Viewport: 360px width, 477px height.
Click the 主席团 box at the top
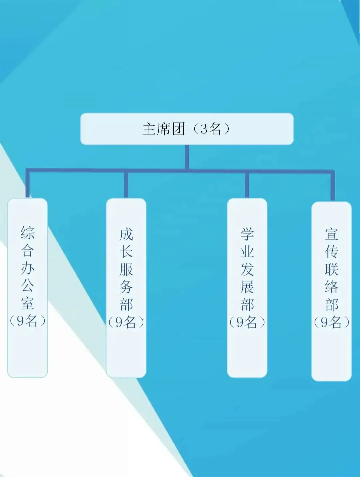pos(187,129)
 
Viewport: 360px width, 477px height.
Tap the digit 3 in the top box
pos(204,129)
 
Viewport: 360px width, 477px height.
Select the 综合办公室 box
pos(27,288)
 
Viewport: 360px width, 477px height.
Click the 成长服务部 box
pos(126,288)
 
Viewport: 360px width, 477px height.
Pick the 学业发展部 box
pos(247,288)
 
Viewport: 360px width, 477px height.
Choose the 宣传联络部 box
pos(331,291)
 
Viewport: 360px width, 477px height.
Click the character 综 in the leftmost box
pos(27,233)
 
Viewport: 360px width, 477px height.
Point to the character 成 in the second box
pos(126,234)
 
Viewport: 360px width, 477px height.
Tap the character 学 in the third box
pos(247,234)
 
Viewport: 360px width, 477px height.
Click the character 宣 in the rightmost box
pos(331,234)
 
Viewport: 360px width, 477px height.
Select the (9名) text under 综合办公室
pos(27,321)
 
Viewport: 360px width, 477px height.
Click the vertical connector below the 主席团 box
pos(187,157)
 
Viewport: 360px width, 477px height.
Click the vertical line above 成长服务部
pos(126,185)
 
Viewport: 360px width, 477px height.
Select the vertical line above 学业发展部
pos(247,185)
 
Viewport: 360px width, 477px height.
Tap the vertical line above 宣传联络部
pos(332,186)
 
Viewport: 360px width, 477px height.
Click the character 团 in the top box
pos(179,129)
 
